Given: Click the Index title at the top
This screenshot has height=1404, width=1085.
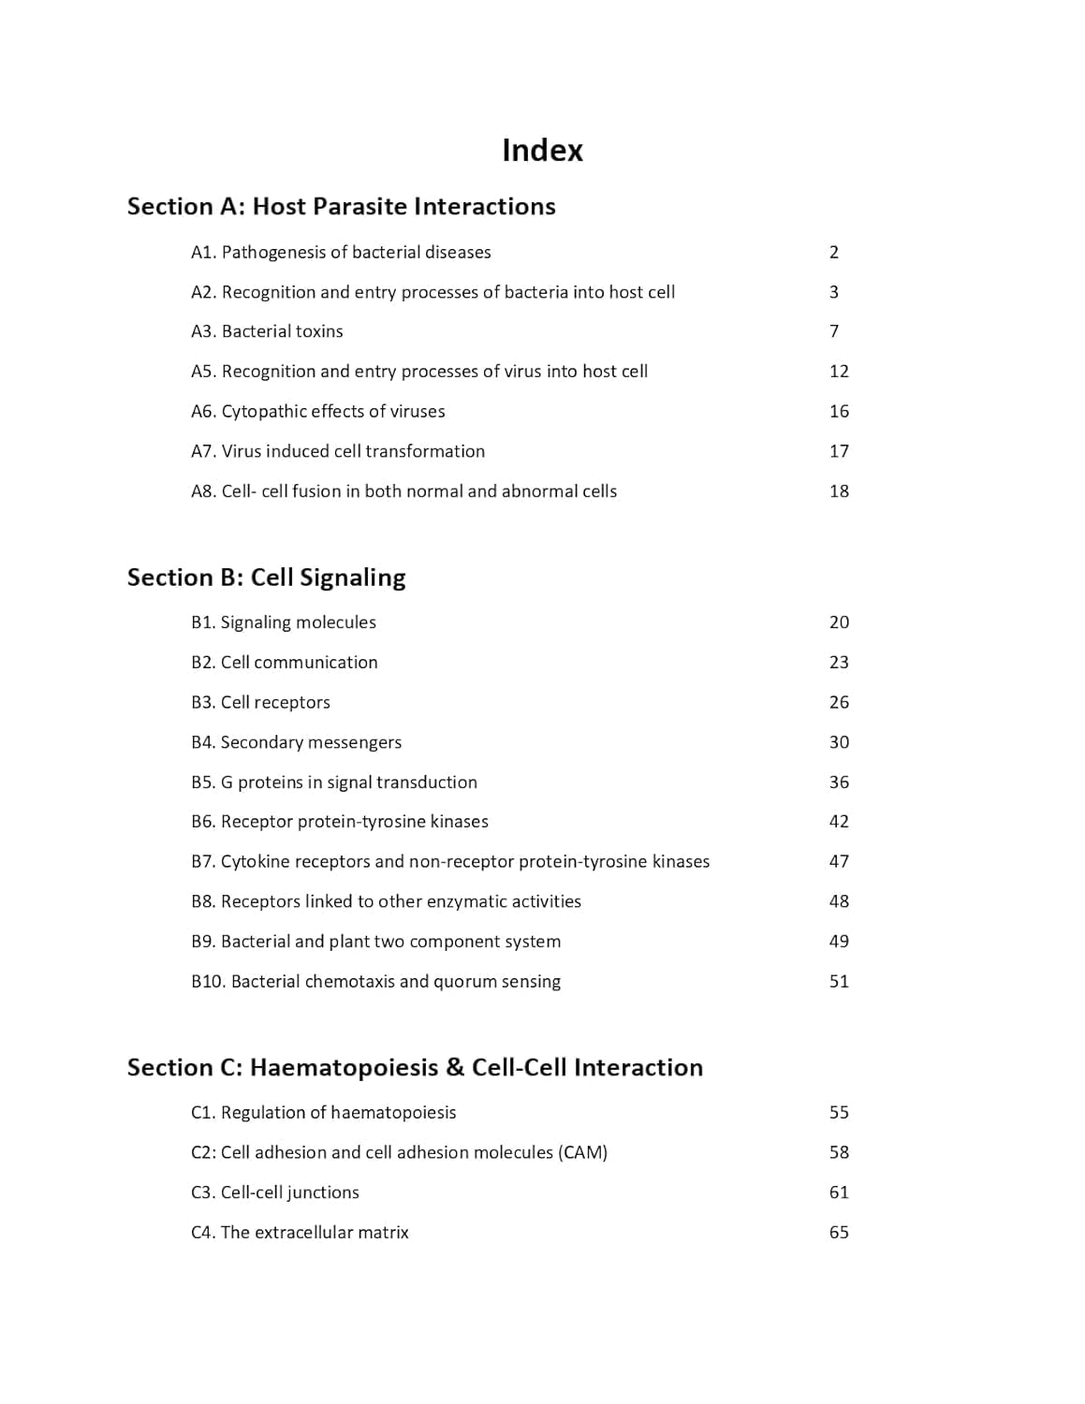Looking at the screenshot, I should tap(542, 150).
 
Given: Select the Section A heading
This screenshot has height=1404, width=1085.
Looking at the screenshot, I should tap(341, 207).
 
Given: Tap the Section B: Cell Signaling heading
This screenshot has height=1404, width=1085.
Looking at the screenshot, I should tap(266, 578).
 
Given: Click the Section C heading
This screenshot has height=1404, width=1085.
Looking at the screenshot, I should tap(415, 1068).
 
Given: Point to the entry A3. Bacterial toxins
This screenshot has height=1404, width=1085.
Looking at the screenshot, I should tap(267, 331).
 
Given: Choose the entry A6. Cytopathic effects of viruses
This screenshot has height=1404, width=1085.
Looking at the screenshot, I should tap(317, 411).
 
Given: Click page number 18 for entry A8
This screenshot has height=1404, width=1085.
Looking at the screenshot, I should tap(839, 491).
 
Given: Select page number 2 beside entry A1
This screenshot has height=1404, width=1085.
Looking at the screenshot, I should tap(834, 252).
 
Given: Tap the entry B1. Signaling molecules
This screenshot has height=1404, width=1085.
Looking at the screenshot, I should tap(283, 622).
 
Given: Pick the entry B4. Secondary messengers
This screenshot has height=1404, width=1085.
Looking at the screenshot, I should tap(296, 742).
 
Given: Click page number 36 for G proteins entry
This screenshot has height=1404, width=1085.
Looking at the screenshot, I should tap(839, 782).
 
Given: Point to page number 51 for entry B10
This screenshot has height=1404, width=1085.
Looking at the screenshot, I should tap(839, 982).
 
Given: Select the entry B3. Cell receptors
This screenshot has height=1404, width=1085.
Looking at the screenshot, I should tap(260, 702).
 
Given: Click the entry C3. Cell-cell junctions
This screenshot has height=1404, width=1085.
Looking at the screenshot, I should tap(274, 1192).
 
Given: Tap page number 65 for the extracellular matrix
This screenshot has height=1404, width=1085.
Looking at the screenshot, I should tap(839, 1233).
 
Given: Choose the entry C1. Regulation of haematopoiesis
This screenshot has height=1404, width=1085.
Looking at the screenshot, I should tap(323, 1113).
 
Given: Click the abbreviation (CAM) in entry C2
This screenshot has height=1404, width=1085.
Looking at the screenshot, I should tap(582, 1153).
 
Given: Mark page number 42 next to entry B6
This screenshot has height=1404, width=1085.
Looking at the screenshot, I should tap(839, 822).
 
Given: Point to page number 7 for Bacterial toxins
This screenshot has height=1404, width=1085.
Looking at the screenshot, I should tap(834, 331).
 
